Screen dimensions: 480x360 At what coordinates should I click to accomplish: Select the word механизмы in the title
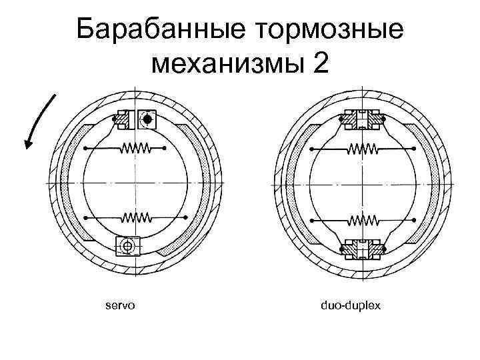tap(230, 65)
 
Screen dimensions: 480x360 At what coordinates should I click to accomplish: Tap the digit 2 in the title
tap(319, 64)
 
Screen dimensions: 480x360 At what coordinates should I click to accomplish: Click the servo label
tap(120, 305)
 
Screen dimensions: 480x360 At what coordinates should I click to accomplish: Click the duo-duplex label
tap(350, 305)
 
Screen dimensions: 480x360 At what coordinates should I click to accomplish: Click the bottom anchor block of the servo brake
tap(127, 246)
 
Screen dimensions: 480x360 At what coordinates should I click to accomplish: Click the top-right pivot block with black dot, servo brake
tap(147, 119)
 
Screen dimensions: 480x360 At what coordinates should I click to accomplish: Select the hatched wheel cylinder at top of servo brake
tap(124, 118)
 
